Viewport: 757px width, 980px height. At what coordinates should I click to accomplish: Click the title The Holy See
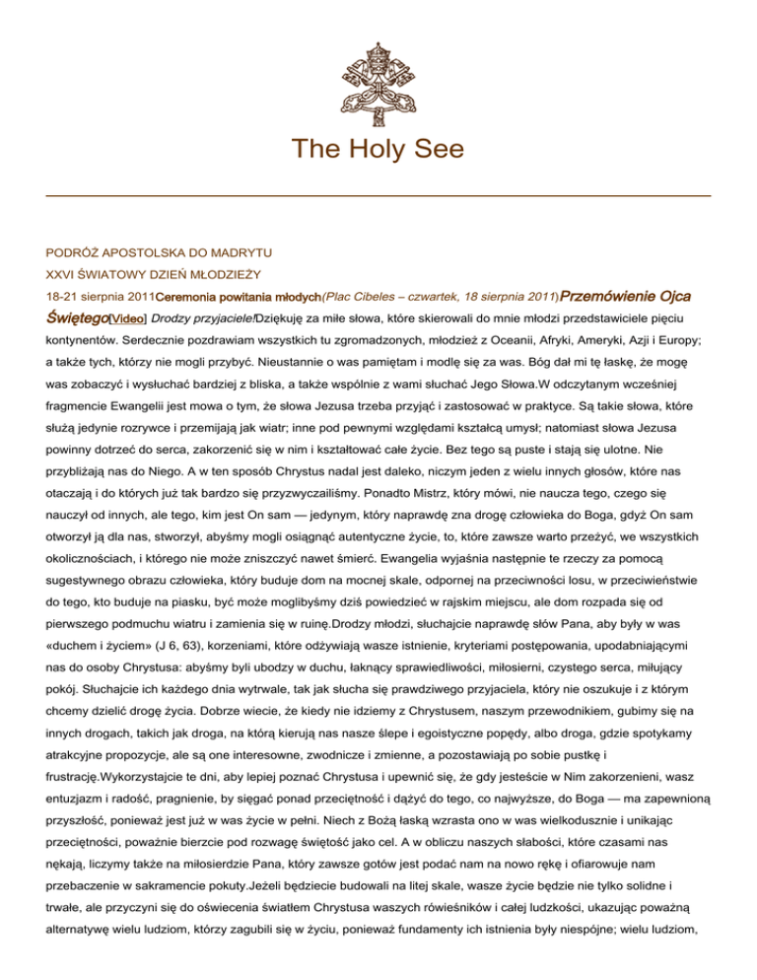pyautogui.click(x=378, y=149)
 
